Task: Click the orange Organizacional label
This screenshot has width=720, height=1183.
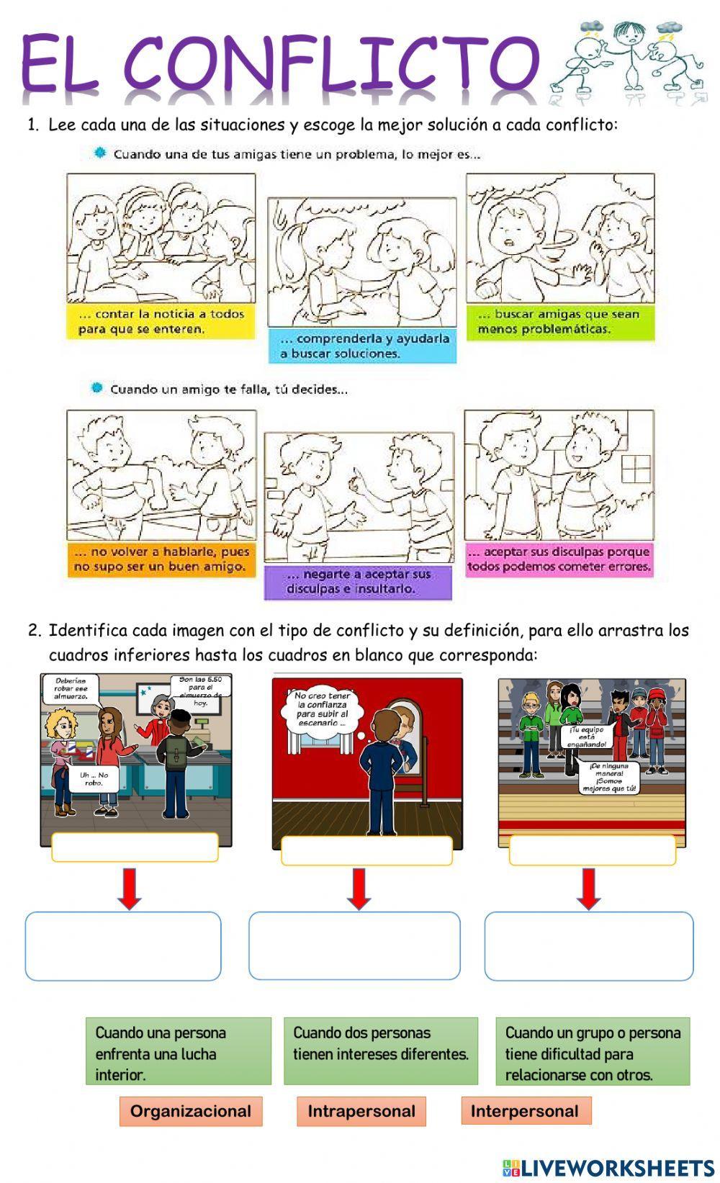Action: pyautogui.click(x=191, y=1111)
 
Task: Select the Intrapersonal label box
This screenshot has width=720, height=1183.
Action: pyautogui.click(x=361, y=1111)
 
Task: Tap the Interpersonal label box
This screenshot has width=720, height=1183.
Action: pyautogui.click(x=526, y=1111)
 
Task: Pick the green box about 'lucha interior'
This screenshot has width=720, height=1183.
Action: pyautogui.click(x=179, y=1051)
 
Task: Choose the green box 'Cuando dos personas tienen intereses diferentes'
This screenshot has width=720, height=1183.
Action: pyautogui.click(x=381, y=1051)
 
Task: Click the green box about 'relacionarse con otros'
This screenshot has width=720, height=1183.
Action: pyautogui.click(x=593, y=1051)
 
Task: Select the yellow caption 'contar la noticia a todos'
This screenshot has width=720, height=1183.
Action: pyautogui.click(x=161, y=321)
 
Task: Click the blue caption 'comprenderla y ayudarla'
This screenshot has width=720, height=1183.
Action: pyautogui.click(x=362, y=346)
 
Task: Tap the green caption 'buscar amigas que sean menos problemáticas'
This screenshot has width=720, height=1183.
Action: pyautogui.click(x=560, y=322)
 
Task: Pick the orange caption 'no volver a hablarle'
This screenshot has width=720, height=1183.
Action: pyautogui.click(x=162, y=559)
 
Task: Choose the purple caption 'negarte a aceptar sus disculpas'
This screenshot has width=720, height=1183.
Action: pyautogui.click(x=358, y=582)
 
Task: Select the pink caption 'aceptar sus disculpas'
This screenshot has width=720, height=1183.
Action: pyautogui.click(x=559, y=559)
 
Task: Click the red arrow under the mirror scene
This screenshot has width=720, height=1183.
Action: pyautogui.click(x=359, y=889)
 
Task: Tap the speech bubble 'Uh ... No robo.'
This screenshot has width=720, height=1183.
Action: pyautogui.click(x=93, y=778)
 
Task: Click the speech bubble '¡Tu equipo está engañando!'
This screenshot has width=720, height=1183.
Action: pyautogui.click(x=586, y=737)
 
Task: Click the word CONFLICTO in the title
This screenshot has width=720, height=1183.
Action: pyautogui.click(x=333, y=63)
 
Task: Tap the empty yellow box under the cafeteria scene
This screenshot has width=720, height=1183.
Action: pyautogui.click(x=135, y=847)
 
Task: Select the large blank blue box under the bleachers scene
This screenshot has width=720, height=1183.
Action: pyautogui.click(x=588, y=946)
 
